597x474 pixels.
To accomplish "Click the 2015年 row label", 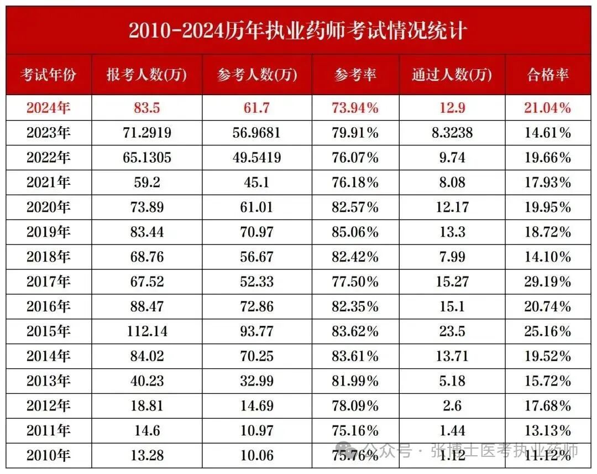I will (49, 331).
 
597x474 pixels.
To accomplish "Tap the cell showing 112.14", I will (146, 331).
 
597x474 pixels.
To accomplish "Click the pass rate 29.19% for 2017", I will (547, 282).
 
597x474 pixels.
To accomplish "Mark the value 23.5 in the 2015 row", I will (452, 331).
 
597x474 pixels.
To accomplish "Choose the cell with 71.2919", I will (146, 133).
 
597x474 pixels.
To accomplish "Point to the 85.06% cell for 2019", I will (356, 232).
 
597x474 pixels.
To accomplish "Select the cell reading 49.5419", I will (257, 158).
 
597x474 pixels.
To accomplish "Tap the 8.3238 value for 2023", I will (452, 133).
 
